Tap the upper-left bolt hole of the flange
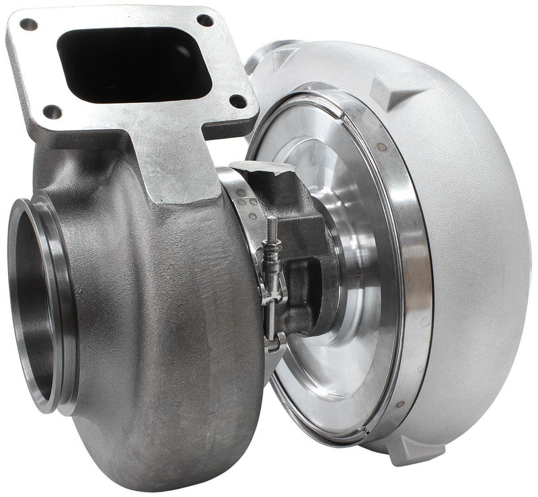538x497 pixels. (x=28, y=25)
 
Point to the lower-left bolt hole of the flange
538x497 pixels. (x=52, y=112)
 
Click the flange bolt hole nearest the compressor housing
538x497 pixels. (x=237, y=102)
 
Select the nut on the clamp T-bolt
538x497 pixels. (x=272, y=258)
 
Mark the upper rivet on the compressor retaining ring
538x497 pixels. (x=381, y=147)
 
